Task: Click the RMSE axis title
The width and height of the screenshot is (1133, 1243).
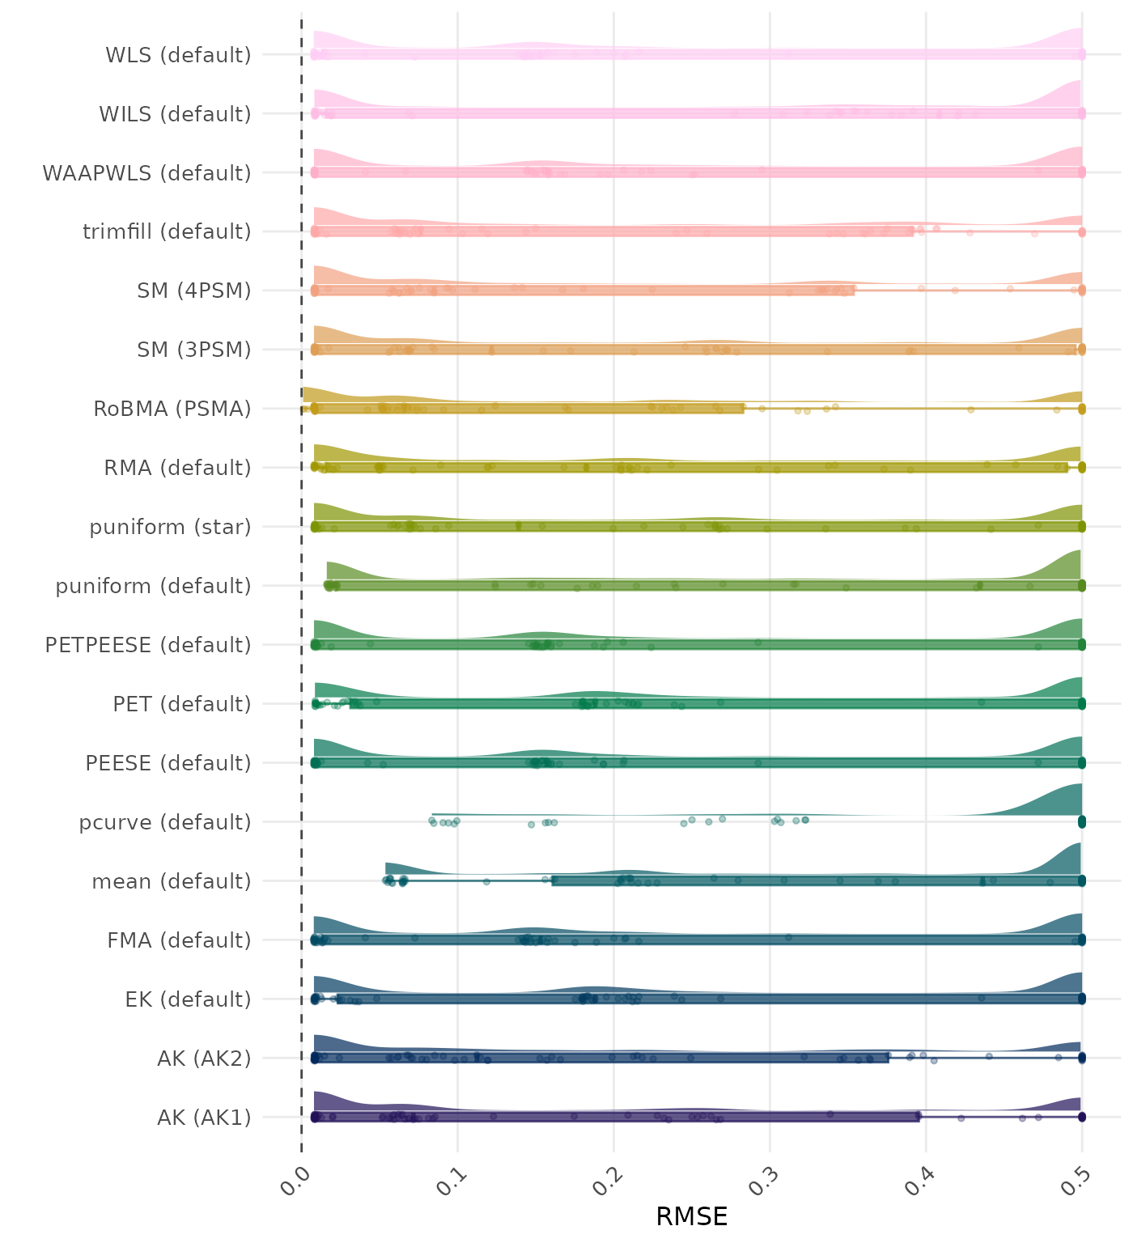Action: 691,1216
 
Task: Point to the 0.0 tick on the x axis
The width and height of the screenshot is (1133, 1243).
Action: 296,1177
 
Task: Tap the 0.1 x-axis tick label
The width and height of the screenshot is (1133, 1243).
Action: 452,1177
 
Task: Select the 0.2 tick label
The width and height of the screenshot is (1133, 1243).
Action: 609,1177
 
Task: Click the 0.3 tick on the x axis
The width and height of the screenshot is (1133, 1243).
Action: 765,1177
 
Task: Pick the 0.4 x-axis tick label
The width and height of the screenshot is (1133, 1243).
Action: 921,1177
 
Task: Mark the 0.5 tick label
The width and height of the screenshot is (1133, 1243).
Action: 1077,1177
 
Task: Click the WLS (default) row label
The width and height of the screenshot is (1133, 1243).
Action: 178,55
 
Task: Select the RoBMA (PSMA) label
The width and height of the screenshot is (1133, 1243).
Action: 172,409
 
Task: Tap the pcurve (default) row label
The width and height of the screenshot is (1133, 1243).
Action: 165,822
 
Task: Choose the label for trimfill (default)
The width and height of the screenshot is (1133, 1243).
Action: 167,231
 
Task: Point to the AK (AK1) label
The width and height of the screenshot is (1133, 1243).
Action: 204,1118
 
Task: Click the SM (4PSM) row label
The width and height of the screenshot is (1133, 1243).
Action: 194,291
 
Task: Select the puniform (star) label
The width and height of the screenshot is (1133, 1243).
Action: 170,527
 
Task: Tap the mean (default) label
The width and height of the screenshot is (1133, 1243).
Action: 172,881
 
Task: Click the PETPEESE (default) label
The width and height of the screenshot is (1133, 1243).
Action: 148,645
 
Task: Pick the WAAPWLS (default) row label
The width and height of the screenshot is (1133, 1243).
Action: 146,173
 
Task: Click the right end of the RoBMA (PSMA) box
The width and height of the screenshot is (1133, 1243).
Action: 744,409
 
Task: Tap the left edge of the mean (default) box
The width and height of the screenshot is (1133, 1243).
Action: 553,881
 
